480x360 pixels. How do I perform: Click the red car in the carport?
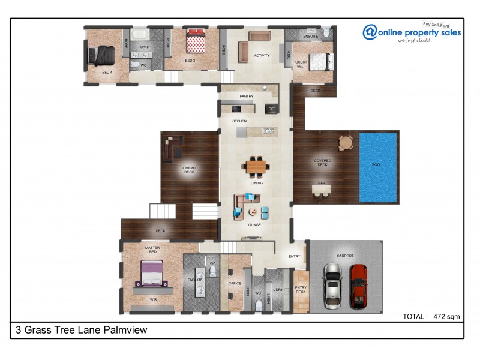358,286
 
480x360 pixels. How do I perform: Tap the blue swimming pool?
378,167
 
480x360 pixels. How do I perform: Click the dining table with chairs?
256,164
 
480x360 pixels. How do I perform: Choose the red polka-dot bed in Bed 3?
194,42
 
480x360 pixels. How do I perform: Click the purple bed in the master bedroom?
151,274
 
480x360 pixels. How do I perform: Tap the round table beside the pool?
346,143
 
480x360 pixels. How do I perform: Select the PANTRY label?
246,96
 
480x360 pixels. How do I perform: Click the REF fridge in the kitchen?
272,109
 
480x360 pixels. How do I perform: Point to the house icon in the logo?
370,32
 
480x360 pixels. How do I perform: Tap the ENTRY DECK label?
301,290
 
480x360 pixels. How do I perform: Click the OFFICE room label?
235,284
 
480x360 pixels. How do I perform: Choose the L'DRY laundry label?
278,290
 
